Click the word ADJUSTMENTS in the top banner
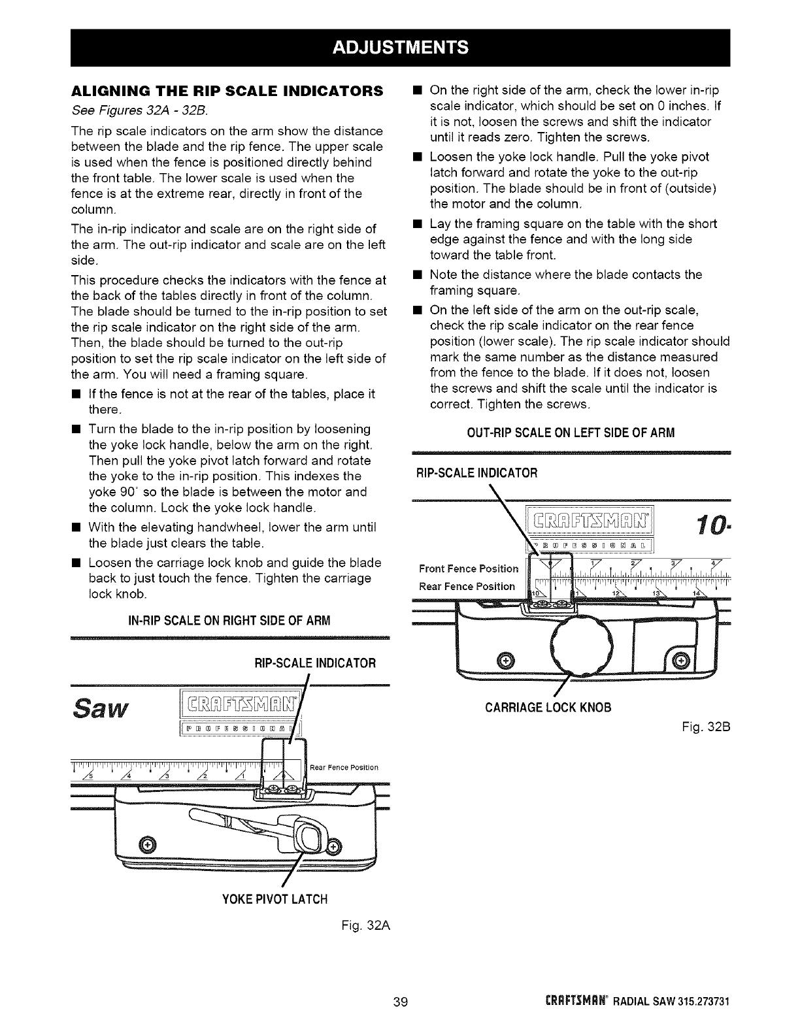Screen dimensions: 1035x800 coord(400,47)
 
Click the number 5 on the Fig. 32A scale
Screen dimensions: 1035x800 coord(92,776)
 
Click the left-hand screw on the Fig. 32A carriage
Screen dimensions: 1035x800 coord(148,844)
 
